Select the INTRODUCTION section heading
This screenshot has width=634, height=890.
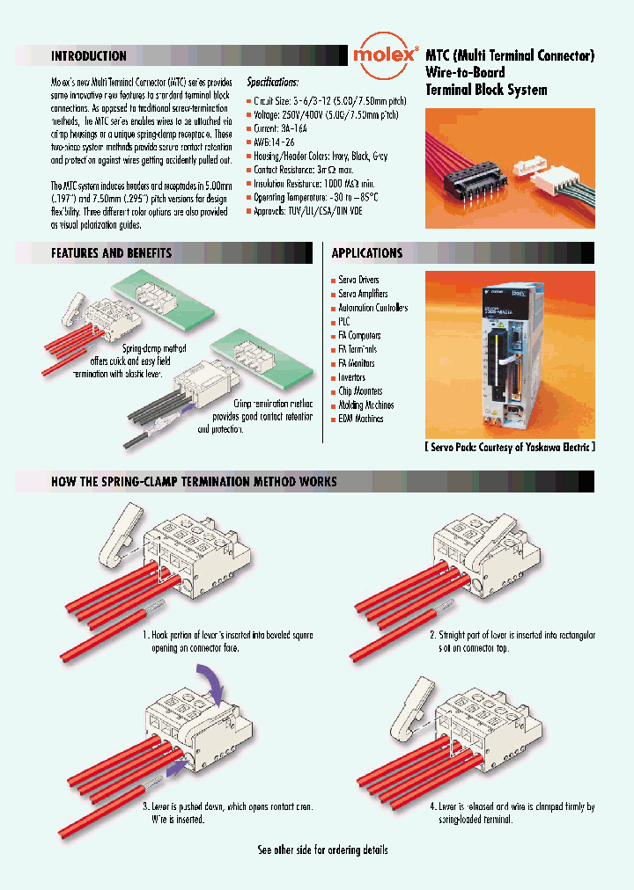tap(89, 56)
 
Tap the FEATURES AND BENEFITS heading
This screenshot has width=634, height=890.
tap(111, 253)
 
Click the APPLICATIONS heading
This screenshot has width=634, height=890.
tap(366, 253)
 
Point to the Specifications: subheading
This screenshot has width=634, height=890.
tap(272, 82)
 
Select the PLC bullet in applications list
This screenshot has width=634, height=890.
tap(344, 322)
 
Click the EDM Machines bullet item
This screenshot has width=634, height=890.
tap(360, 419)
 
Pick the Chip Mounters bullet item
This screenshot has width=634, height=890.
tap(361, 391)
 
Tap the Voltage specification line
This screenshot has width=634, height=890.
tap(324, 115)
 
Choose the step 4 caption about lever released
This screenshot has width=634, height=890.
tap(512, 813)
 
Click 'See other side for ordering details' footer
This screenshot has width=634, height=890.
tap(322, 850)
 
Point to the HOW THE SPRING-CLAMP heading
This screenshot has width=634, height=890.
tap(194, 482)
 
